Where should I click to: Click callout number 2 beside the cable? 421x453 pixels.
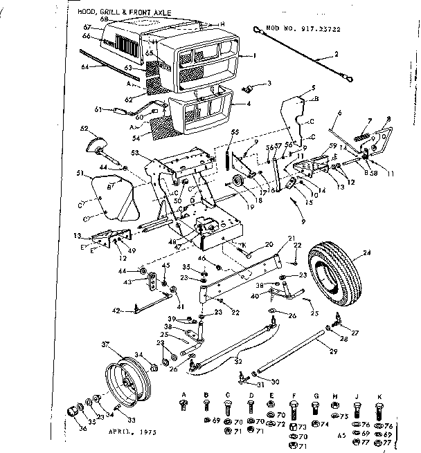[337, 54]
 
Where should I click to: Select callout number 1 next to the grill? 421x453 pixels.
[254, 55]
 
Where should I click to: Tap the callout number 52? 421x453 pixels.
[84, 129]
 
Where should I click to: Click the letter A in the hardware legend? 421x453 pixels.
[184, 394]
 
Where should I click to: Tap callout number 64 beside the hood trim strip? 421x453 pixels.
[86, 67]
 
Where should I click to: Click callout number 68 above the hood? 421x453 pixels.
[105, 19]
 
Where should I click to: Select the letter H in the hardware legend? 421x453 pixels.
[335, 394]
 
